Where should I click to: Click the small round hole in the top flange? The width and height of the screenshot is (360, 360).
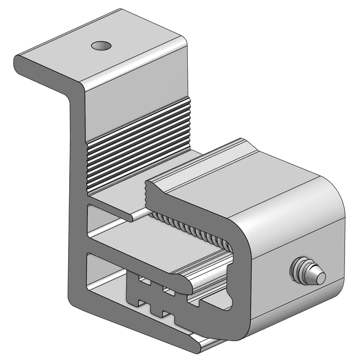coord(100,44)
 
